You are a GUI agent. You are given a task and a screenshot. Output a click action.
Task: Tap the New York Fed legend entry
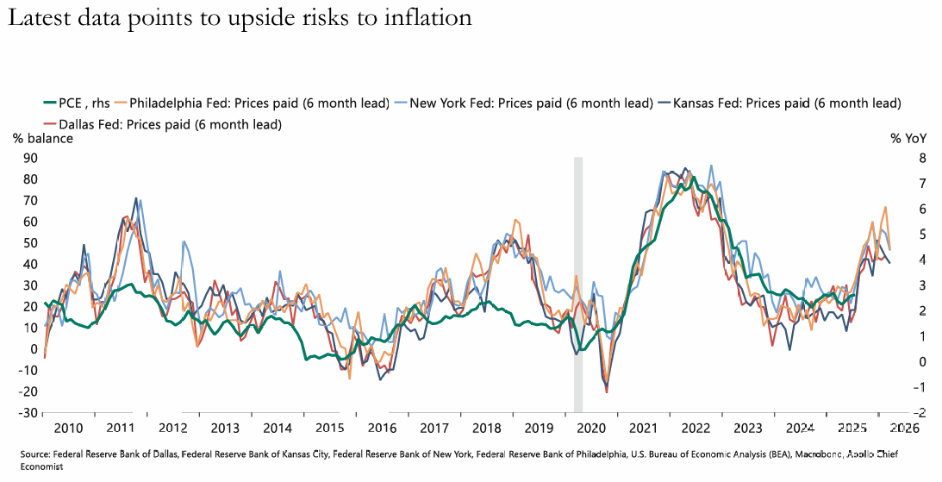tap(530, 103)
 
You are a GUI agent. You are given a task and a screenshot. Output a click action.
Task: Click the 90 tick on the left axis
tap(30, 158)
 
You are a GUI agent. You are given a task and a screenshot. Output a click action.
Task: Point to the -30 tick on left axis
tap(28, 412)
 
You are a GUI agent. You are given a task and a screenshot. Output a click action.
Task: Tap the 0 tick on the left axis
tap(34, 348)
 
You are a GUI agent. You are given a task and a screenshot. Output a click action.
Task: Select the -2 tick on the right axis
tap(897, 412)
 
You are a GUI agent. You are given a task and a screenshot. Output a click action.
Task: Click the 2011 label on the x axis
tap(121, 428)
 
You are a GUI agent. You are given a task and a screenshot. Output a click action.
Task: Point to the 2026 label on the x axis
tap(904, 428)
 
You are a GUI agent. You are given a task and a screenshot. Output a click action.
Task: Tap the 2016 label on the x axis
tap(383, 428)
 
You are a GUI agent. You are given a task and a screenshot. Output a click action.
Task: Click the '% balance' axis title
tap(42, 138)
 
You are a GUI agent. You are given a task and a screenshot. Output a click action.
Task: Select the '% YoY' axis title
tap(908, 138)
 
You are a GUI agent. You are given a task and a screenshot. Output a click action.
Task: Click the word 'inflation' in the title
tap(426, 18)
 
